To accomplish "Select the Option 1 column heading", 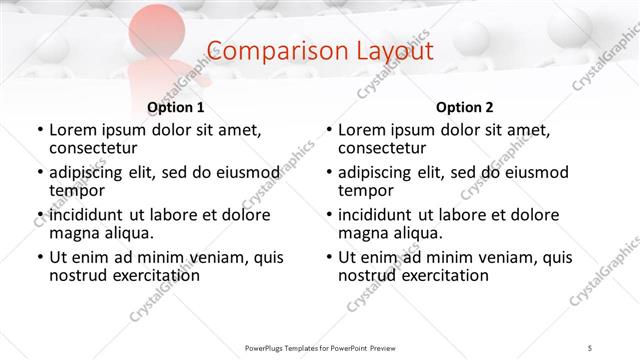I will [176, 107].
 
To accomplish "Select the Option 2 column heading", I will [465, 107].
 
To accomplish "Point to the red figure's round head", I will [153, 29].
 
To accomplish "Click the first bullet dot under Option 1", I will [39, 130].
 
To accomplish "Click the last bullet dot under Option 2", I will [328, 257].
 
